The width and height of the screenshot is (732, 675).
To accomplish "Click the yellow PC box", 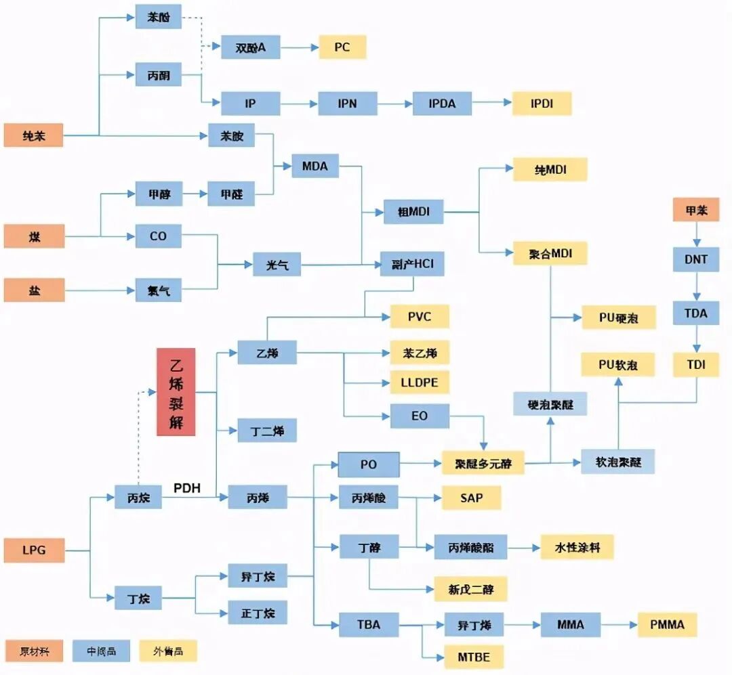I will coord(342,47).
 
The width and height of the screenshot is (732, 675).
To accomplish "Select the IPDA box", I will coord(442,104).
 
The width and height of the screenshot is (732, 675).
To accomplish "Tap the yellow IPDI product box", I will coord(542,104).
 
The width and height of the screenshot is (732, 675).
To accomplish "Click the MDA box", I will coord(314,166).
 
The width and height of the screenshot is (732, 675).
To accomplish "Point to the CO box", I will coord(158,236).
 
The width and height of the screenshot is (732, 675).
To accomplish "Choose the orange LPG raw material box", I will coord(34,550).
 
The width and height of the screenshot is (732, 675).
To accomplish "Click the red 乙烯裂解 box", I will coord(176,391).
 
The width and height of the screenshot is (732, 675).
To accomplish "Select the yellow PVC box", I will coord(419,316).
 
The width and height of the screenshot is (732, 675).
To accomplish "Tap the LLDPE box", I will coord(419,382).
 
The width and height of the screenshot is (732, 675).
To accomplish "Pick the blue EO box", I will coord(419,416).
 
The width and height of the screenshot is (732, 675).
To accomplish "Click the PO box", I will coord(369,465).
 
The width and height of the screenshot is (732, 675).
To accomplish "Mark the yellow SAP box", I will coord(471,498).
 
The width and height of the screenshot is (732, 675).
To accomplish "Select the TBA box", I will coord(369,624).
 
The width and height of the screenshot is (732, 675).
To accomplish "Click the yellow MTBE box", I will coord(474,656).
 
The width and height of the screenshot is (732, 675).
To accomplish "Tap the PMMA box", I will coord(667,624).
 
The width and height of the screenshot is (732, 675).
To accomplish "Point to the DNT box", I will coord(695,259).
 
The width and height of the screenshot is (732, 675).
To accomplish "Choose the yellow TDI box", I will coord(695,365).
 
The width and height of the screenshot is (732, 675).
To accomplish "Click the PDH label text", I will coord(187,488).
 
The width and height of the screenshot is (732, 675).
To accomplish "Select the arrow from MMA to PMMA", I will coord(619,624).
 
